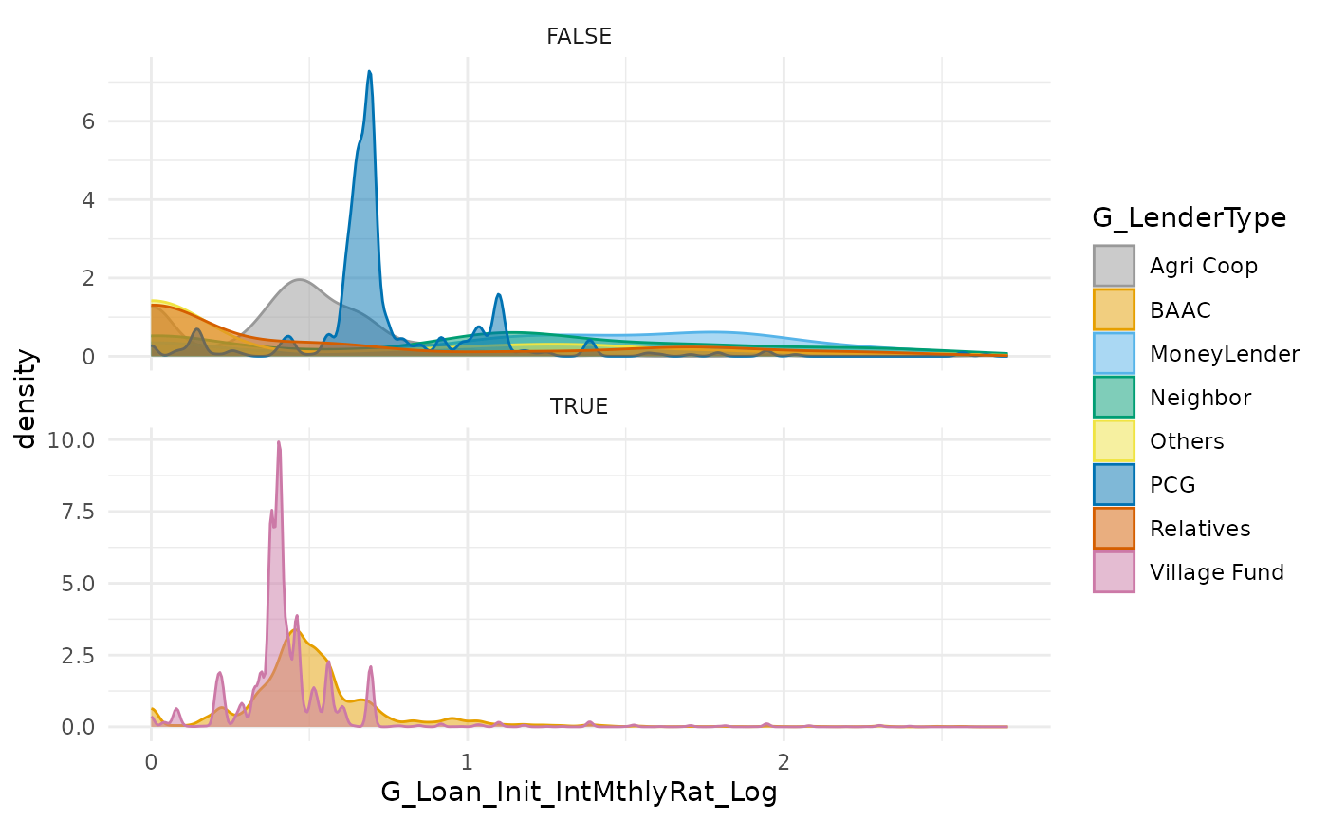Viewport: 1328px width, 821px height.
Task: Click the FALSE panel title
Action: click(579, 37)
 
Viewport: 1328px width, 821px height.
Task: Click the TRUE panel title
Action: click(579, 407)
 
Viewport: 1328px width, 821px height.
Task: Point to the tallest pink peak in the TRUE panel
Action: click(279, 444)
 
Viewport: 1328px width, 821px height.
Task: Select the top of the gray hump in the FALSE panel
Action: click(300, 280)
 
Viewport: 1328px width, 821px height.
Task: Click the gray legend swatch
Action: click(1114, 266)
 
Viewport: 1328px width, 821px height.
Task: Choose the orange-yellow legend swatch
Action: click(1114, 309)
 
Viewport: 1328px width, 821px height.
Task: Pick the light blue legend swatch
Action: click(1114, 353)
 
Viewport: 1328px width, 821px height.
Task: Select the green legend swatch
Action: click(1114, 397)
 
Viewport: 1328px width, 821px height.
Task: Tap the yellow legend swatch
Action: click(1114, 440)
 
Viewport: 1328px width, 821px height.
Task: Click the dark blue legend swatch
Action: click(1114, 484)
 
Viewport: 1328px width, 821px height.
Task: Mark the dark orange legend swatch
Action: click(1114, 528)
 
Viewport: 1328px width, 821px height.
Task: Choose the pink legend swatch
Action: click(1114, 571)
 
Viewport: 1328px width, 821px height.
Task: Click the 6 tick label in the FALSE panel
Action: click(87, 121)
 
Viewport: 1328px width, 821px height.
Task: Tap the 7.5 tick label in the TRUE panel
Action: click(76, 512)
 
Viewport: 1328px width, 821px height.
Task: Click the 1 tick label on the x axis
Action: click(467, 762)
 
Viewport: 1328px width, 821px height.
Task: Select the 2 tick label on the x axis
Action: click(784, 762)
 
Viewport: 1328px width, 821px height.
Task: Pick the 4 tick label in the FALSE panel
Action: click(87, 200)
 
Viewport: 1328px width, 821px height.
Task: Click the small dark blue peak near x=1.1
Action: click(499, 296)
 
